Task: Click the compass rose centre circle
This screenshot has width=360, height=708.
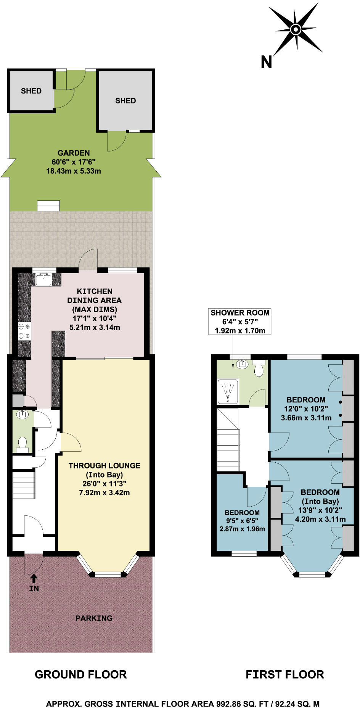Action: tap(296, 29)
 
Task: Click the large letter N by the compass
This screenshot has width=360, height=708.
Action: tap(266, 62)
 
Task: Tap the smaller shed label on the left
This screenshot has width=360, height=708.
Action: tap(31, 91)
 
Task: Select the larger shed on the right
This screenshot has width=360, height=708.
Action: tap(126, 100)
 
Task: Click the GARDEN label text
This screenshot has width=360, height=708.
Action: tap(74, 153)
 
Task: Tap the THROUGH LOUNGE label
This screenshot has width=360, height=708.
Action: tap(104, 465)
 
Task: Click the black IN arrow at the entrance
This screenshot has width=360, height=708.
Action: tap(34, 578)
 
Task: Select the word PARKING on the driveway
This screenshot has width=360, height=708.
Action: tap(94, 618)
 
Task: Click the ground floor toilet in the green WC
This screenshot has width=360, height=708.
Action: tap(22, 443)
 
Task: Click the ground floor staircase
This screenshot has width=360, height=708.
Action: tap(24, 484)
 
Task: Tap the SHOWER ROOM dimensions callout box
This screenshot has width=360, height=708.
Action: tap(240, 322)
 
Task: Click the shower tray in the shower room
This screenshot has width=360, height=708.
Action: tap(228, 391)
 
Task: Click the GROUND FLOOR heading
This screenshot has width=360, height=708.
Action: tap(80, 674)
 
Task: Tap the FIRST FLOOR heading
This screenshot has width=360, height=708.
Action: tap(284, 674)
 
